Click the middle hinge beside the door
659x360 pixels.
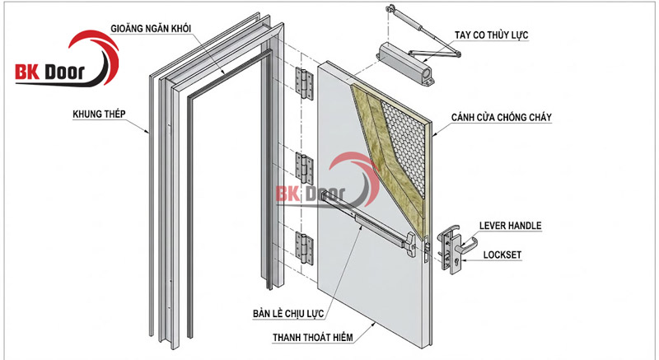(x=306, y=167)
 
